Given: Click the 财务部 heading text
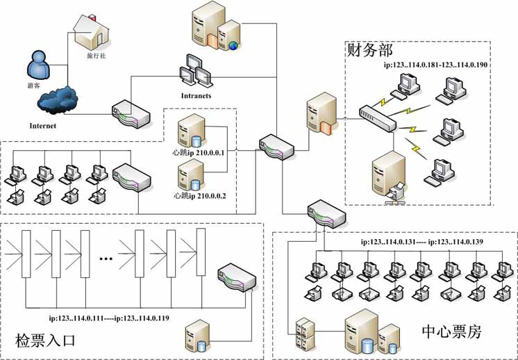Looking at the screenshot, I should [x=369, y=50].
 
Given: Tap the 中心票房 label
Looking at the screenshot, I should [x=452, y=332].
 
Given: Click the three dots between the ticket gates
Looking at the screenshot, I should [x=106, y=259].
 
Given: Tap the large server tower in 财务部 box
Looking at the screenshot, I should [x=385, y=177].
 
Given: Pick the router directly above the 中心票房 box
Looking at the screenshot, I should [x=323, y=211].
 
